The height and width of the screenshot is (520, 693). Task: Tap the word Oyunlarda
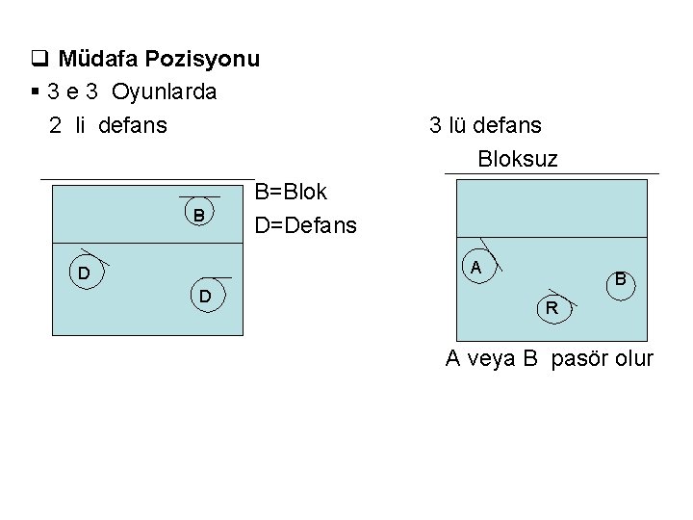(164, 92)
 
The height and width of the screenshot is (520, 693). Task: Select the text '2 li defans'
(108, 125)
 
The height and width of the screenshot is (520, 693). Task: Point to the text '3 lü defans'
(485, 125)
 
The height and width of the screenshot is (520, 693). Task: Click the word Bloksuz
(517, 159)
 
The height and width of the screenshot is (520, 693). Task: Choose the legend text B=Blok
(291, 193)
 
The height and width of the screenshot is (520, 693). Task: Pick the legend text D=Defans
(305, 227)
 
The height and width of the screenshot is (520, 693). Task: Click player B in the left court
(198, 214)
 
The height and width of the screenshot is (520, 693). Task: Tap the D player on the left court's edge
(85, 274)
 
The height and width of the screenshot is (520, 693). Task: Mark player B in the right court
(621, 280)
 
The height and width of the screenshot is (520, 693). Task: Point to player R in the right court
(552, 308)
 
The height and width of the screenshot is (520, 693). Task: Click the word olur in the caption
(631, 359)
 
